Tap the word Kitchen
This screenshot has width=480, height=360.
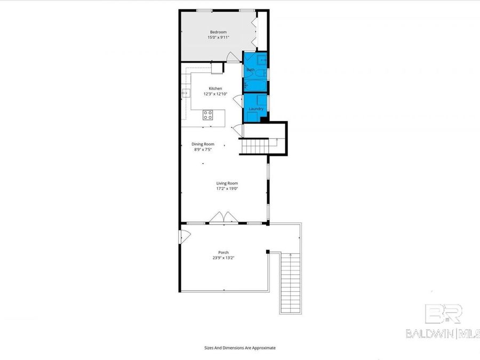pyautogui.click(x=215, y=89)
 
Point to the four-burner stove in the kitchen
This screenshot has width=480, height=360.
pyautogui.click(x=208, y=114)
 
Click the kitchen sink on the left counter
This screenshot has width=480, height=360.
pyautogui.click(x=185, y=93)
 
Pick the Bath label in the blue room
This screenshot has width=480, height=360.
pyautogui.click(x=251, y=70)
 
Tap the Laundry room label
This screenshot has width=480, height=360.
pyautogui.click(x=256, y=109)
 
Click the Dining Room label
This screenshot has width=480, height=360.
pyautogui.click(x=203, y=144)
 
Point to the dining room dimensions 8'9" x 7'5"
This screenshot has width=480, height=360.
pyautogui.click(x=203, y=150)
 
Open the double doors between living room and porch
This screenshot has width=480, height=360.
pyautogui.click(x=223, y=218)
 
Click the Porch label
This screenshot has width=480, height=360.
pyautogui.click(x=223, y=252)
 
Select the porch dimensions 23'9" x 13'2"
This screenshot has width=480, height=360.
pyautogui.click(x=223, y=258)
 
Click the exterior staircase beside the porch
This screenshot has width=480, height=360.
pyautogui.click(x=290, y=283)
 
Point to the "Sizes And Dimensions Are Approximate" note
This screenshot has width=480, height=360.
pyautogui.click(x=240, y=348)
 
